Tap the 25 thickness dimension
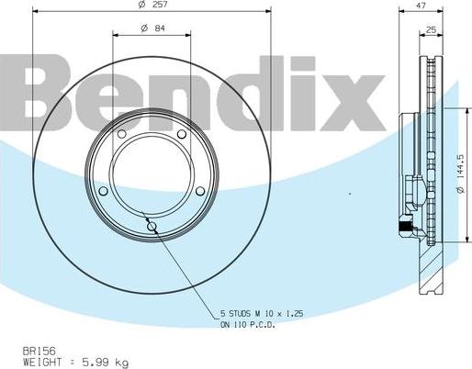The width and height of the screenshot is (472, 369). click(x=431, y=30)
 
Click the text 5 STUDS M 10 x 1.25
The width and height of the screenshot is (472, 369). click(x=261, y=314)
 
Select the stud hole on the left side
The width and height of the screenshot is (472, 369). click(x=103, y=191)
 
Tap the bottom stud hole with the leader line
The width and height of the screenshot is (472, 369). click(x=152, y=227)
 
